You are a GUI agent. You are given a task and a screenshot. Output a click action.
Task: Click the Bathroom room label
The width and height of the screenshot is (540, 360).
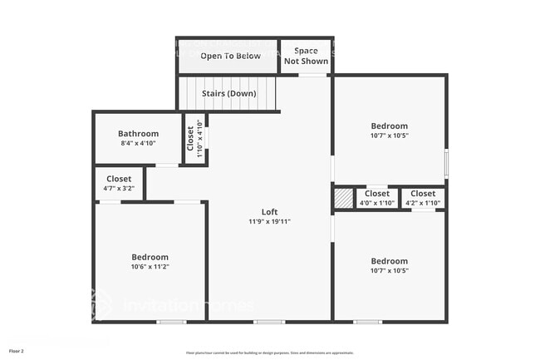138,133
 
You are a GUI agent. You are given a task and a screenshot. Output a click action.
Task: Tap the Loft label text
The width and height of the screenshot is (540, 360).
269,211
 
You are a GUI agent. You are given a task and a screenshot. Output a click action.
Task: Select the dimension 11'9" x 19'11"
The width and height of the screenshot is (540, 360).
269,222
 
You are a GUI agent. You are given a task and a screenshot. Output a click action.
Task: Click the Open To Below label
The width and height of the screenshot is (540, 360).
230,56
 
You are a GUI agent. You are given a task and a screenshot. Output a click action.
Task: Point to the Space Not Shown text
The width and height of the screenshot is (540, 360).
306,56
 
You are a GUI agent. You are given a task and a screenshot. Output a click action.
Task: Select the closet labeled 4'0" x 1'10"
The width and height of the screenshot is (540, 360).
376,198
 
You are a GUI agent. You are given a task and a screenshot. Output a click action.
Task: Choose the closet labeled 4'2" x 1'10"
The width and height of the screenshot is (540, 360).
423,198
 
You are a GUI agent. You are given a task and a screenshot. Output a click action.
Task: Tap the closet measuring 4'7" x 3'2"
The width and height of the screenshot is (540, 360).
119,183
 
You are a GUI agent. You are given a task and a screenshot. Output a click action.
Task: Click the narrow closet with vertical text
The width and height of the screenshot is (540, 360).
194,139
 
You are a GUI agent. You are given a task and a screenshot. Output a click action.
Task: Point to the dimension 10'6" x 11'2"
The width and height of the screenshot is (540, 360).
150,267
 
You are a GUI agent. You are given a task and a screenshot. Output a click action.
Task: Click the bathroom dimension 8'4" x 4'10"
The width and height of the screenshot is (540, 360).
138,143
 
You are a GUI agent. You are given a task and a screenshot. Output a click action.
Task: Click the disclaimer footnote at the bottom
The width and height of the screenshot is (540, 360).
269,353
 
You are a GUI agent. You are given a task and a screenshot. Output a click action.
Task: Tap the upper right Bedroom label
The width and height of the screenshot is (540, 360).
389,126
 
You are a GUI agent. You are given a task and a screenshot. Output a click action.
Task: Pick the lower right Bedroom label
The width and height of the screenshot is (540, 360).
389,260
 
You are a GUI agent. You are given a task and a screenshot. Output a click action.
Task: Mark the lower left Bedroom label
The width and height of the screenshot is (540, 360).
150,257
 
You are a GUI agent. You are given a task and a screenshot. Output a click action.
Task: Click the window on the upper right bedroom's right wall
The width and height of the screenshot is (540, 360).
446,162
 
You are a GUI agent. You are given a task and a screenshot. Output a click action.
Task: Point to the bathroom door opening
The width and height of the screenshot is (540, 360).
167,165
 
